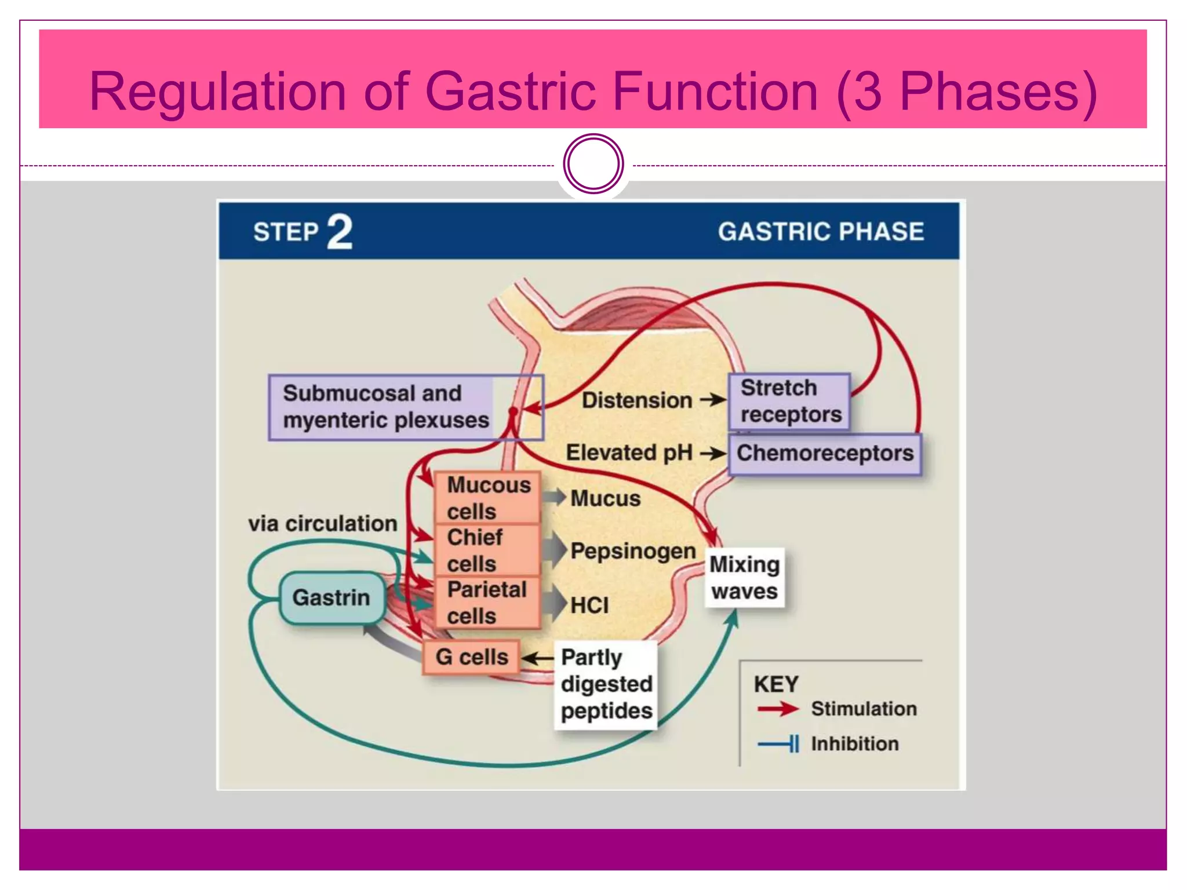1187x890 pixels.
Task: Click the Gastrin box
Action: (x=332, y=597)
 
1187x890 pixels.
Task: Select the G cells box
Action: (x=471, y=657)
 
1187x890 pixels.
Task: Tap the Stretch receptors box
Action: (x=789, y=402)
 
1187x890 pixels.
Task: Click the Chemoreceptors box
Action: (x=824, y=454)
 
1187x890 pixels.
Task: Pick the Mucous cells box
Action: (x=487, y=498)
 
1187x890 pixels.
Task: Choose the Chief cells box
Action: (x=487, y=550)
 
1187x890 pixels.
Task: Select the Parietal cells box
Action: (x=487, y=602)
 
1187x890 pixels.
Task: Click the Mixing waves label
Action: (x=744, y=578)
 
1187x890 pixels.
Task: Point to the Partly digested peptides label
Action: (x=606, y=684)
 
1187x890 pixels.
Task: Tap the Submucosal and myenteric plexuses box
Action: (x=385, y=407)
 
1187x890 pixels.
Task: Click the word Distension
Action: (x=636, y=400)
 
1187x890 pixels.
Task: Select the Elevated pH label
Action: (x=629, y=453)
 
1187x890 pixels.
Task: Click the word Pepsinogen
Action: (x=633, y=551)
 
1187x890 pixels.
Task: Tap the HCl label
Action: (x=589, y=606)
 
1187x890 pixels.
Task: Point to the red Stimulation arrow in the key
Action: (x=777, y=709)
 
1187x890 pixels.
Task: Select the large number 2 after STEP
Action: (x=340, y=232)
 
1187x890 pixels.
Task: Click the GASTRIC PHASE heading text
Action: (x=821, y=232)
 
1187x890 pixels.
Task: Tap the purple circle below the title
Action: (x=593, y=164)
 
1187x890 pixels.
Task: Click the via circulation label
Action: (x=323, y=524)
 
